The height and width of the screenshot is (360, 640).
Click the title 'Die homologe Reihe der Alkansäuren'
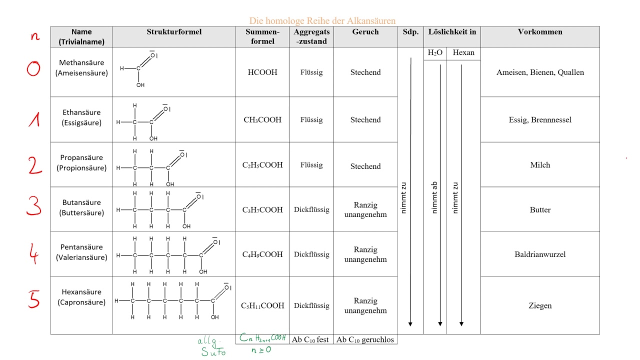click(322, 21)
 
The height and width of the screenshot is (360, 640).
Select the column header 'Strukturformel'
click(174, 31)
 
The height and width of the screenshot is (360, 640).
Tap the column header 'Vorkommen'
click(540, 31)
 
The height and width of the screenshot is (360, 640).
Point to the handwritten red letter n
click(35, 36)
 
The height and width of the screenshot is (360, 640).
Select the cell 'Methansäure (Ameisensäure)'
click(81, 67)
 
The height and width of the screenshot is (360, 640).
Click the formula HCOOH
click(262, 72)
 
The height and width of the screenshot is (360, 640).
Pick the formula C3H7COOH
click(262, 210)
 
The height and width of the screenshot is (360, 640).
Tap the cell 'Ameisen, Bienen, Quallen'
click(540, 72)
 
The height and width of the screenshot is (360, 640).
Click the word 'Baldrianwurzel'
click(540, 254)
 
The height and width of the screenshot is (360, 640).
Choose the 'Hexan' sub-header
click(463, 52)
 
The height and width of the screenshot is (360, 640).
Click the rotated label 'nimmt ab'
click(434, 197)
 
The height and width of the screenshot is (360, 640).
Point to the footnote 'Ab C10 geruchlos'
click(365, 339)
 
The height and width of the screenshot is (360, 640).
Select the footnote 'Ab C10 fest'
click(310, 339)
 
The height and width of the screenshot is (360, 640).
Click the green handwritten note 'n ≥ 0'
click(261, 349)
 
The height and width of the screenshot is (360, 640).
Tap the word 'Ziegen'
click(540, 305)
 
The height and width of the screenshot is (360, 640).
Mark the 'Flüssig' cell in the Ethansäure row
click(311, 119)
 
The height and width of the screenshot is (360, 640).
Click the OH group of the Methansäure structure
click(140, 85)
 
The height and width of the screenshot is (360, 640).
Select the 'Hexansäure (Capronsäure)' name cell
click(81, 297)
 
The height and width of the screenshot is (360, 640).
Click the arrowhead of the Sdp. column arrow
click(410, 324)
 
